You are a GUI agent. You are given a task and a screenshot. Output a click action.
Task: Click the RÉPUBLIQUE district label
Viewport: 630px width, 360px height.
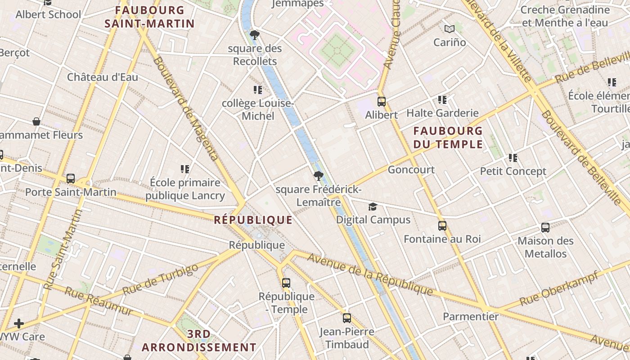pyautogui.click(x=253, y=220)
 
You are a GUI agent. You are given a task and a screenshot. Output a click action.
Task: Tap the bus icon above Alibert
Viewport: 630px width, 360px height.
pyautogui.click(x=381, y=102)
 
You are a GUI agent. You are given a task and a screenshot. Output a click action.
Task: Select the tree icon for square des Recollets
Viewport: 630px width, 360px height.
pyautogui.click(x=254, y=35)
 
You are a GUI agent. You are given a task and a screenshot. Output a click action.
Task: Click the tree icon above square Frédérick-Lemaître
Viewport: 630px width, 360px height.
pyautogui.click(x=318, y=175)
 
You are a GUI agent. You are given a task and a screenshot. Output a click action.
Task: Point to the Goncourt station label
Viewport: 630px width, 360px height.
pyautogui.click(x=411, y=170)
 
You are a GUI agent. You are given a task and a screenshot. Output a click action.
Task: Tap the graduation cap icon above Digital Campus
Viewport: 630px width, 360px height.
pyautogui.click(x=373, y=207)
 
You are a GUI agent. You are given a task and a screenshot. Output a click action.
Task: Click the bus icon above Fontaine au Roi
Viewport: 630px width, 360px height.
pyautogui.click(x=442, y=226)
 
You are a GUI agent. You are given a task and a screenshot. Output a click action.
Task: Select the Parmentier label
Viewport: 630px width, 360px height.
pyautogui.click(x=471, y=316)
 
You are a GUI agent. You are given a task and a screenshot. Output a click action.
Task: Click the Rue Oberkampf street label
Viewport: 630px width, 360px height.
pyautogui.click(x=558, y=288)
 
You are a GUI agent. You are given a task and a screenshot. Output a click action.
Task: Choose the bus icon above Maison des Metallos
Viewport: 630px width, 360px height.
pyautogui.click(x=545, y=228)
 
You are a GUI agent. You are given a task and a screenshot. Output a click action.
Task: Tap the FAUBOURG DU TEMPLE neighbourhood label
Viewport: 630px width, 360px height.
pyautogui.click(x=448, y=138)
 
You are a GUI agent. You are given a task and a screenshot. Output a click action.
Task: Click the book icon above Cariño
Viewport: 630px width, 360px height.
pyautogui.click(x=449, y=29)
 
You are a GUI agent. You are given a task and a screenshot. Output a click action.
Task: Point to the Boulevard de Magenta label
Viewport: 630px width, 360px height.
pyautogui.click(x=185, y=108)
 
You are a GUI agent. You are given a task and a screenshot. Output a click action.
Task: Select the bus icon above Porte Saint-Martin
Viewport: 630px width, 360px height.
pyautogui.click(x=71, y=179)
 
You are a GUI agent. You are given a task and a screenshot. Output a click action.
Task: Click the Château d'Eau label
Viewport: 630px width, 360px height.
pyautogui.click(x=103, y=77)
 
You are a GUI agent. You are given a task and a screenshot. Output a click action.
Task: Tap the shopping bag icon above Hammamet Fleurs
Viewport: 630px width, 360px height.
pyautogui.click(x=36, y=121)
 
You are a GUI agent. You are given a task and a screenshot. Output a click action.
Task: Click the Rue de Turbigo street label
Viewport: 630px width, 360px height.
pyautogui.click(x=160, y=279)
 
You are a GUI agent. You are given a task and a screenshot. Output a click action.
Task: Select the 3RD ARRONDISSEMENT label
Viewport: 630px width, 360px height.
pyautogui.click(x=199, y=341)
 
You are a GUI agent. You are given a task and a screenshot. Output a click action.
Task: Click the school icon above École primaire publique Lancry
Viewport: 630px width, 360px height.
pyautogui.click(x=184, y=169)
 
